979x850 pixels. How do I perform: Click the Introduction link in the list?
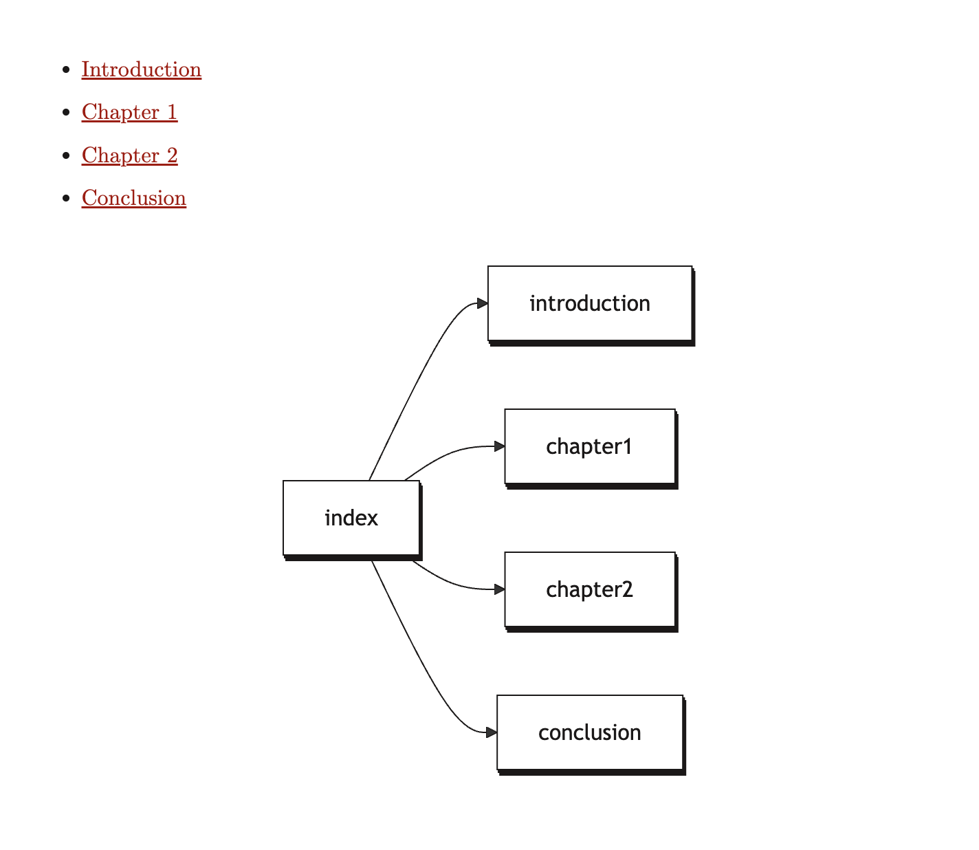click(x=141, y=69)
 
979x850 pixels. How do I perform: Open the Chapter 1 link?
click(x=129, y=112)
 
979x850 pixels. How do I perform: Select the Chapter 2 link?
click(x=129, y=155)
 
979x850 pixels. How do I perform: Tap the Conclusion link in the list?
click(x=133, y=198)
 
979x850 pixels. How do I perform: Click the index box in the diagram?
click(x=351, y=518)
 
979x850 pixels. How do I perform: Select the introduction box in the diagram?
click(x=589, y=303)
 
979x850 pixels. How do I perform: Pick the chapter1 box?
click(x=589, y=446)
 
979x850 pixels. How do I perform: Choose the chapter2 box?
click(x=589, y=589)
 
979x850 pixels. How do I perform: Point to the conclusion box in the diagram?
click(x=589, y=732)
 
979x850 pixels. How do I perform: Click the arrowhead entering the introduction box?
click(x=483, y=303)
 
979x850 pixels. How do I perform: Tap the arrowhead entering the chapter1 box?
click(x=500, y=446)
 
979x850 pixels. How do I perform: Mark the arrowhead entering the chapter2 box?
click(x=500, y=589)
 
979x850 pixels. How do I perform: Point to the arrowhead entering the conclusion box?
click(x=492, y=732)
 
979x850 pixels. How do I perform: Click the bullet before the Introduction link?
click(x=66, y=69)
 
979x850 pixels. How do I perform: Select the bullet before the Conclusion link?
click(x=66, y=198)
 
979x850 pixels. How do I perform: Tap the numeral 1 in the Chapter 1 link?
click(x=172, y=112)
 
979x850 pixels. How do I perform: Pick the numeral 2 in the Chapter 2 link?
click(x=172, y=155)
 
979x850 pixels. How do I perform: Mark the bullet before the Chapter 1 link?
click(x=66, y=112)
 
